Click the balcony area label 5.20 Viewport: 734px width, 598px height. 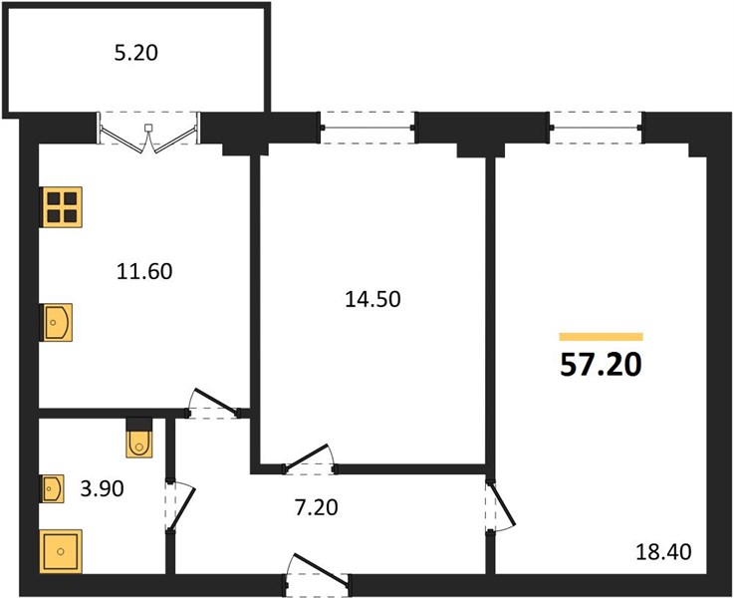[136, 53]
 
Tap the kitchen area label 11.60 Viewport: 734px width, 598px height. [144, 272]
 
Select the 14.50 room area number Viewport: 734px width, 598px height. [372, 299]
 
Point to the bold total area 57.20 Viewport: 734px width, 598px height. [601, 365]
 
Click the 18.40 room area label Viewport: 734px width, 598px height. [663, 552]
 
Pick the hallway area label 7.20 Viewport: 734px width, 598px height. [317, 507]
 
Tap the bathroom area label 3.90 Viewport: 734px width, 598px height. [102, 488]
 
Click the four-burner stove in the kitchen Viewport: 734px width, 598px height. [62, 207]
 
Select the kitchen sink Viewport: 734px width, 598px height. [57, 322]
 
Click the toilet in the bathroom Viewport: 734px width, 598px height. [139, 438]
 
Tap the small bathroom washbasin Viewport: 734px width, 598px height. [52, 489]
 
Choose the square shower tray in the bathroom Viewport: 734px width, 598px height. [61, 551]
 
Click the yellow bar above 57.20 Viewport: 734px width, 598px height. [602, 337]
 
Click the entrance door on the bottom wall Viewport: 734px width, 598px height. [317, 575]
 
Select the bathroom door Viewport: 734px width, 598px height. [180, 506]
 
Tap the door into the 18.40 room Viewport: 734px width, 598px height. [500, 506]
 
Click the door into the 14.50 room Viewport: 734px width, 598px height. [309, 460]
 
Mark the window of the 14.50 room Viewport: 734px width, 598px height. [367, 128]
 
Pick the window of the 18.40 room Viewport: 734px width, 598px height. [597, 128]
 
